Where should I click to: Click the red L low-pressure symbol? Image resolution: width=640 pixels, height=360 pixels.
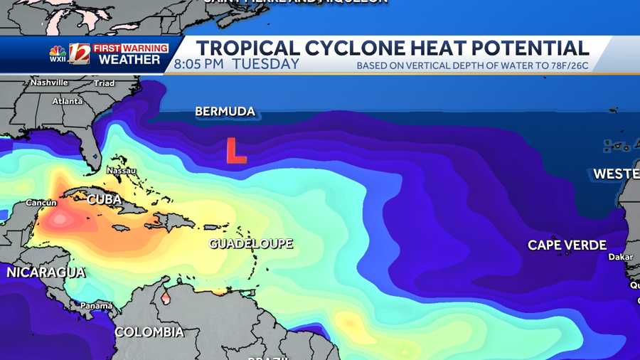235,151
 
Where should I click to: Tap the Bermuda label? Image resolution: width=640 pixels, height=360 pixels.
225,112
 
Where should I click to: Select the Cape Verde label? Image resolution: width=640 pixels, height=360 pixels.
567,245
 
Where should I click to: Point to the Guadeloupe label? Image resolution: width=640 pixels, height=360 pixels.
251,243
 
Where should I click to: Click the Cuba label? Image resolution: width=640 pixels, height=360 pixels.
105,200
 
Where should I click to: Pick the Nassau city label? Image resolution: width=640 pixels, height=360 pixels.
120,171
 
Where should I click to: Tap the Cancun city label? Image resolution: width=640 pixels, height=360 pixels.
41,203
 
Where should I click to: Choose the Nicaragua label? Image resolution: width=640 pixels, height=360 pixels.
46,272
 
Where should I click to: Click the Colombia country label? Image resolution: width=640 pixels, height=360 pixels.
149,332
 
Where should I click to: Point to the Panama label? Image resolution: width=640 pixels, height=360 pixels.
96,306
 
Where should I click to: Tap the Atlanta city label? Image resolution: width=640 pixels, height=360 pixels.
68,101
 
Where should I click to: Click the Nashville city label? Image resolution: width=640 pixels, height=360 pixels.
48,83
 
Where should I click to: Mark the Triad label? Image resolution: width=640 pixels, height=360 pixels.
105,83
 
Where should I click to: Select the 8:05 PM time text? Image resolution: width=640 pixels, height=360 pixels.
198,64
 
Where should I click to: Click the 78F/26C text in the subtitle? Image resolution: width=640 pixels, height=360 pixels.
570,66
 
